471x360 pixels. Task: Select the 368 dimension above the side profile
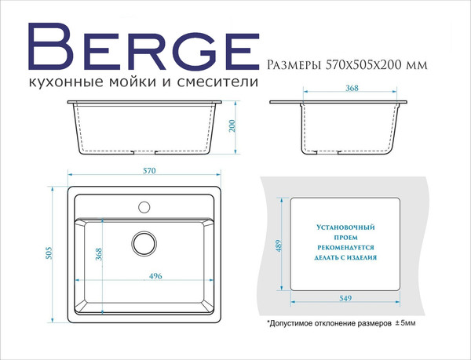352,89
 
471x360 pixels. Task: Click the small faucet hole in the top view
144,207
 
